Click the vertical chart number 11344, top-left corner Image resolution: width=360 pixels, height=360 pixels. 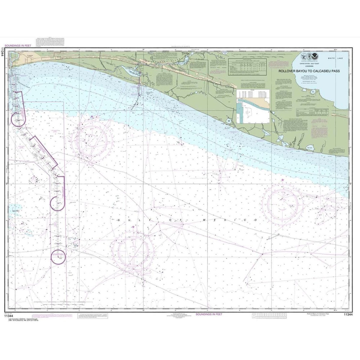point(3,52)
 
